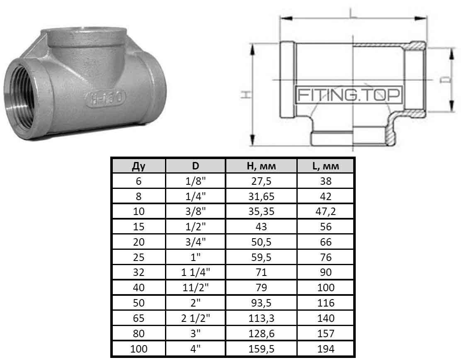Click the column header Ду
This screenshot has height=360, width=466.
pyautogui.click(x=138, y=166)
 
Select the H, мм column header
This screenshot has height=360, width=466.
pyautogui.click(x=261, y=166)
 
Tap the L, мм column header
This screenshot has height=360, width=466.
pyautogui.click(x=326, y=166)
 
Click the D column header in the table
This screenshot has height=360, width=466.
pyautogui.click(x=195, y=166)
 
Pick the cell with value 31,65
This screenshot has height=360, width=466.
pyautogui.click(x=261, y=197)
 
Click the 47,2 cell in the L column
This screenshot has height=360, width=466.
pyautogui.click(x=326, y=212)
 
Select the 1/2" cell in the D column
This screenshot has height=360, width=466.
pyautogui.click(x=195, y=227)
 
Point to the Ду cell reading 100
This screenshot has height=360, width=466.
pyautogui.click(x=138, y=349)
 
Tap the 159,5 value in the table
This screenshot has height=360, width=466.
pyautogui.click(x=261, y=349)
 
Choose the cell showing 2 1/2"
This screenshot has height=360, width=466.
pyautogui.click(x=195, y=318)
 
